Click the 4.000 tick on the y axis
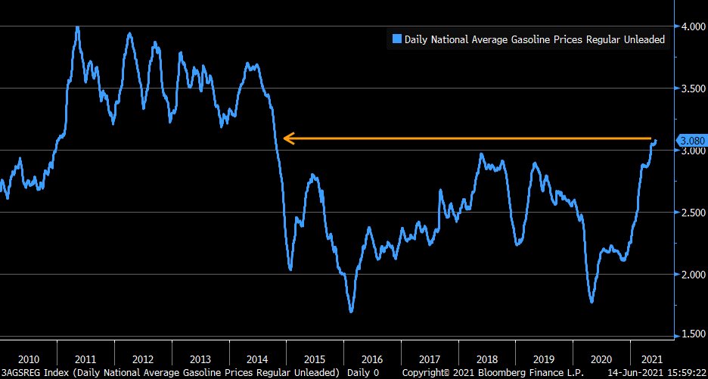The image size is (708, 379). click(x=691, y=26)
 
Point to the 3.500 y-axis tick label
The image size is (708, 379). click(x=691, y=88)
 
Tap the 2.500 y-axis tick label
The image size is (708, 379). click(x=691, y=212)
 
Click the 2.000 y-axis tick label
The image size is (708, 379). click(x=691, y=274)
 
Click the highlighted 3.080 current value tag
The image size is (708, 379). click(x=691, y=141)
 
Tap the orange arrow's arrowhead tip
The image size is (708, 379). click(x=284, y=138)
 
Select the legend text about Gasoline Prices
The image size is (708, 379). click(x=535, y=39)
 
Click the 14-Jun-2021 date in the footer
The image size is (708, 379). click(x=634, y=372)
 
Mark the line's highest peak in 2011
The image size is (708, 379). click(x=77, y=27)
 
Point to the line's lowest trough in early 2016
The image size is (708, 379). click(x=351, y=311)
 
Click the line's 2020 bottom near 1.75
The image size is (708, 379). click(x=592, y=302)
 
